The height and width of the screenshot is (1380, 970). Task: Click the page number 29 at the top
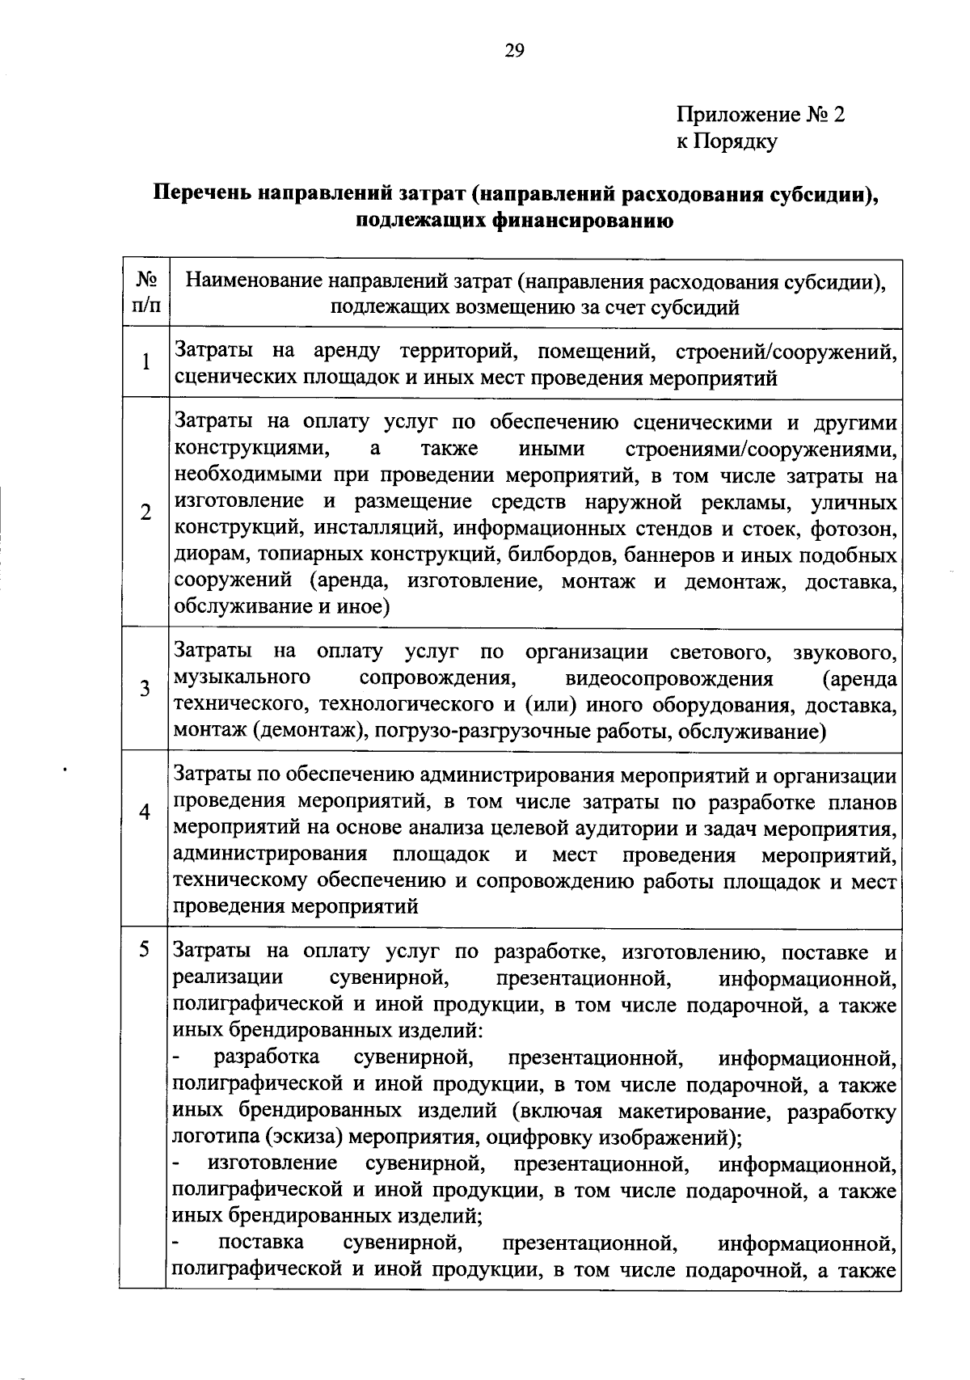click(x=515, y=52)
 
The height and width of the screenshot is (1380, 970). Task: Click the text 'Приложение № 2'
click(x=760, y=115)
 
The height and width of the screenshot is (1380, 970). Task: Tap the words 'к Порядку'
click(x=727, y=142)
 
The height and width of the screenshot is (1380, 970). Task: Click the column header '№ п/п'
click(x=145, y=293)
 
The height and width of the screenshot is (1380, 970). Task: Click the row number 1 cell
click(x=145, y=362)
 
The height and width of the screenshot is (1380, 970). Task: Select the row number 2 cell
click(x=145, y=513)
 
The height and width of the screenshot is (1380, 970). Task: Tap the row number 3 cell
click(x=145, y=689)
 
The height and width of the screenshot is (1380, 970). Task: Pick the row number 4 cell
click(x=145, y=812)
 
